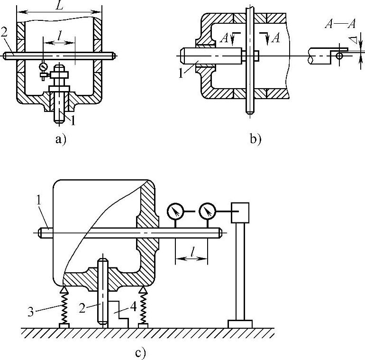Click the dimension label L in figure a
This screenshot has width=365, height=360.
pos(60,5)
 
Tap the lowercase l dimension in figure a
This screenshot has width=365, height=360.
pos(60,36)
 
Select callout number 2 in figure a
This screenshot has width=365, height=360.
pos(4,32)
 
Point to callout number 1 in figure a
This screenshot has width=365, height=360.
pos(73,121)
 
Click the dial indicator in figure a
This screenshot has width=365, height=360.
pos(43,66)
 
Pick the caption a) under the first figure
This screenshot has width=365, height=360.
pos(61,139)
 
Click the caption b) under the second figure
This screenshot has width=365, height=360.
pos(255,139)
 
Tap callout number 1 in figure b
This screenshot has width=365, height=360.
pos(181,74)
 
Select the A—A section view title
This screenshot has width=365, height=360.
pos(340,24)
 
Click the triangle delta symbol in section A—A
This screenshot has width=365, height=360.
pos(354,40)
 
